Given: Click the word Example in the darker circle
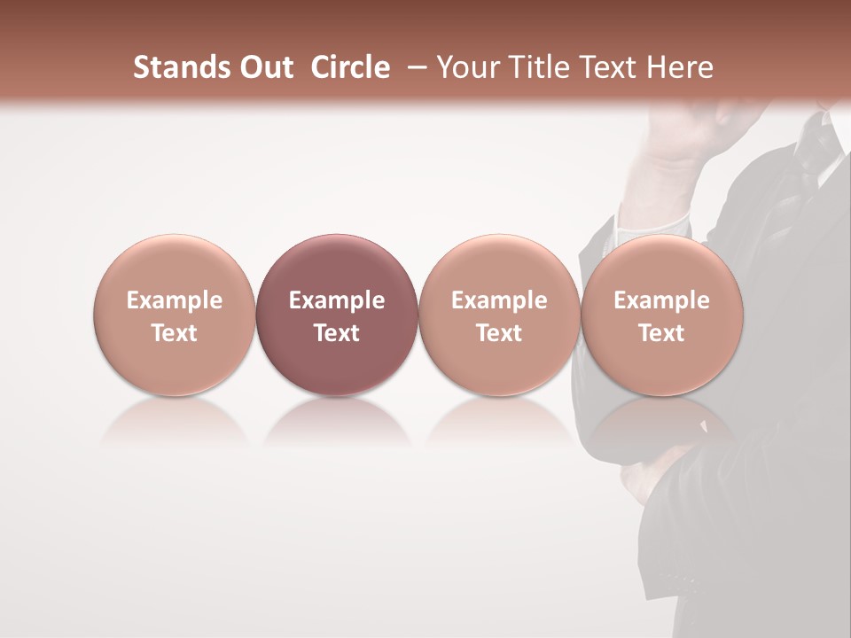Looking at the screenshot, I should pyautogui.click(x=337, y=300).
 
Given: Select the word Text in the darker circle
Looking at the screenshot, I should pyautogui.click(x=337, y=333).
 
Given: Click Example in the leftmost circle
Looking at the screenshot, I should pyautogui.click(x=175, y=300).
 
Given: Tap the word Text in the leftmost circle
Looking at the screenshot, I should pyautogui.click(x=175, y=333).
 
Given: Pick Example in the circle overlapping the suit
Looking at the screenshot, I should pyautogui.click(x=661, y=300).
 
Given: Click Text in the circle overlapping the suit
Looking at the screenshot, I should pyautogui.click(x=661, y=333).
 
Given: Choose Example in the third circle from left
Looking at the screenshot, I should pyautogui.click(x=499, y=300).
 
